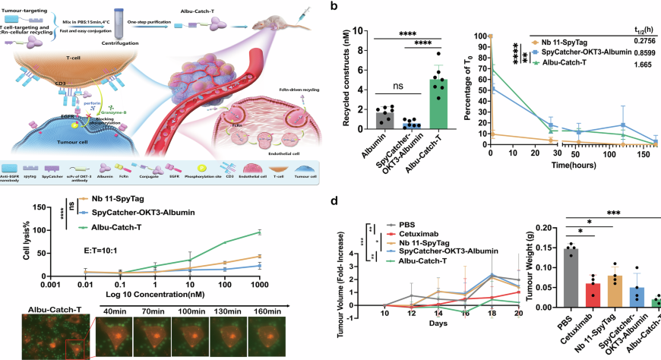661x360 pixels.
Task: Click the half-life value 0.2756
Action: (x=638, y=38)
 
